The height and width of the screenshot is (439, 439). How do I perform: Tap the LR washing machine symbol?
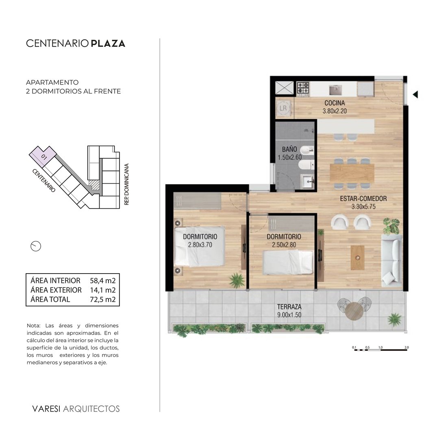[x=283, y=108]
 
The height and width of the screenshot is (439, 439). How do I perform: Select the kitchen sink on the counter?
[x=335, y=89]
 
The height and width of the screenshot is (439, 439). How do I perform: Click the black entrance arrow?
[x=415, y=95]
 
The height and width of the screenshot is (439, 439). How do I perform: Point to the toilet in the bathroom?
[x=306, y=165]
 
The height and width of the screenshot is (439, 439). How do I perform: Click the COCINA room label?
[x=335, y=103]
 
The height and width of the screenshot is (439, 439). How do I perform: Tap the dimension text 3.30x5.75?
[x=363, y=206]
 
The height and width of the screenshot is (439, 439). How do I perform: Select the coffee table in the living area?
[x=358, y=258]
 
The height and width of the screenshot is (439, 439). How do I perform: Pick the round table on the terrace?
[x=354, y=311]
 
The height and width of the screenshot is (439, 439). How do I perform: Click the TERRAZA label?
[x=289, y=307]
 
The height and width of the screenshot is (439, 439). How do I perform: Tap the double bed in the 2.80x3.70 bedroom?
[x=199, y=246]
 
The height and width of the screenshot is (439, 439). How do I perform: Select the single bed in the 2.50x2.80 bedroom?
[x=288, y=262]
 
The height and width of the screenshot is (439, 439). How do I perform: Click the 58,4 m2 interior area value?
[x=103, y=280]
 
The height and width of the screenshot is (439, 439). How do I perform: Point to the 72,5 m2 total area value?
[x=103, y=300]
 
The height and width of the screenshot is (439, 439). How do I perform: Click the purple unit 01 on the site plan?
[x=43, y=156]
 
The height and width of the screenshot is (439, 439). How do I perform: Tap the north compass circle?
[x=36, y=246]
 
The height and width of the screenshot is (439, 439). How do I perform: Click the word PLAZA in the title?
[x=108, y=43]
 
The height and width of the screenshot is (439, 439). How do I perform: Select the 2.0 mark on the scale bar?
[x=406, y=348]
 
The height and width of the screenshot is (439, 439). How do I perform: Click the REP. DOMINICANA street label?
[x=126, y=184]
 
